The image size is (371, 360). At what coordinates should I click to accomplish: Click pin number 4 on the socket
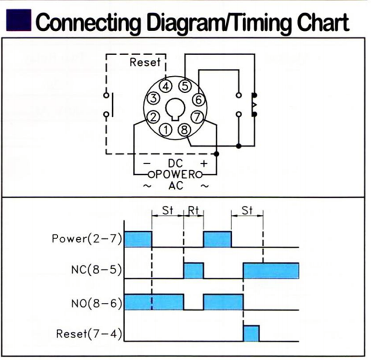pos(166,86)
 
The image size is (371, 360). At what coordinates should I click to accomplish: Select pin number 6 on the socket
pos(198,99)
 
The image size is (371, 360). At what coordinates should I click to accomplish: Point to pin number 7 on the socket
pos(198,116)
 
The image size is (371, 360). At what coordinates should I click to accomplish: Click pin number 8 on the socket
pos(184,129)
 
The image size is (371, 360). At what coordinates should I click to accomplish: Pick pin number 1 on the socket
pos(167,129)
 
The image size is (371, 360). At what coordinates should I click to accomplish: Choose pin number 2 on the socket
pos(153,116)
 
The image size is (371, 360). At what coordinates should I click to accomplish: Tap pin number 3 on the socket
pos(153,99)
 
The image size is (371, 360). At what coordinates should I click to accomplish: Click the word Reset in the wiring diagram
pos(145,63)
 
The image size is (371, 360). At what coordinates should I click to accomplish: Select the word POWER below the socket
pos(175,173)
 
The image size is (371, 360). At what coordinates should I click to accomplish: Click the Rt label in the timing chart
pos(193,210)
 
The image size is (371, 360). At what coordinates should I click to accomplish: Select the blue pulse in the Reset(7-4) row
pos(251,333)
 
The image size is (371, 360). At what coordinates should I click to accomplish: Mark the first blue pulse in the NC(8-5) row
pos(193,270)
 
